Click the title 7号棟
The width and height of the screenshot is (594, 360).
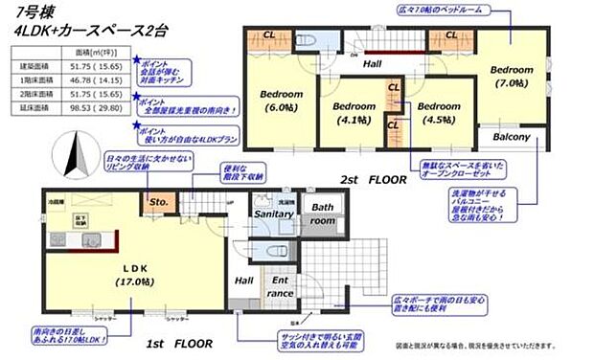[x=29, y=12]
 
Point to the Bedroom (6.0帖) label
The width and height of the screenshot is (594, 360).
[x=281, y=101]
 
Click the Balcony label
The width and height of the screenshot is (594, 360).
[x=512, y=137]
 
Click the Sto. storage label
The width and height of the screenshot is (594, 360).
[x=158, y=203]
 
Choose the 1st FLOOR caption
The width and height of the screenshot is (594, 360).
[x=178, y=342]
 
